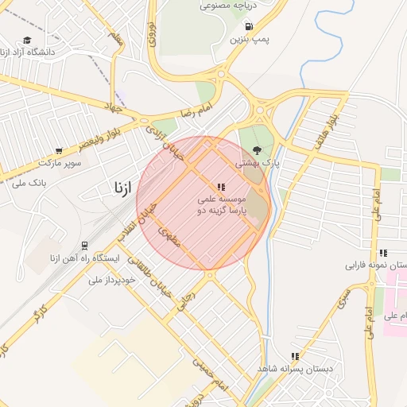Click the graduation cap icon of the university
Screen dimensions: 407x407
point(27,40)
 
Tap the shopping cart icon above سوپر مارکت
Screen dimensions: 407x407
point(59,150)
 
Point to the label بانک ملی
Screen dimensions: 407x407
point(29,182)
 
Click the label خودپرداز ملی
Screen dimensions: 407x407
point(108,280)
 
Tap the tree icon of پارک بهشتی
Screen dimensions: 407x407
point(256,149)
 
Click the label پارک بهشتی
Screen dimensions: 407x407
point(258,163)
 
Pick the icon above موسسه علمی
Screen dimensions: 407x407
point(221,186)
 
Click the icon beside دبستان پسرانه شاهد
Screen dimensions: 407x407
point(295,357)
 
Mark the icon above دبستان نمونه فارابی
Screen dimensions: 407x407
point(383,252)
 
